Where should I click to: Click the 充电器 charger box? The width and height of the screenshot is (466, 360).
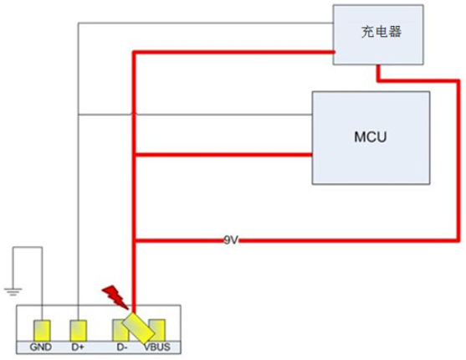coord(378,34)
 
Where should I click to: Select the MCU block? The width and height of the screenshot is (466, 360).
coord(371,138)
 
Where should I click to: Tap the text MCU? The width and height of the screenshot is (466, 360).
coord(371,136)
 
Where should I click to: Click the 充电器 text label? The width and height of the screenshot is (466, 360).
coord(382,32)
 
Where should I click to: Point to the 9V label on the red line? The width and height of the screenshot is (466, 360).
coord(231,239)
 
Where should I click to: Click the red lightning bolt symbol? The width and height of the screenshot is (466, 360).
coord(115,297)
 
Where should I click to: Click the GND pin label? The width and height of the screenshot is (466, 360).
coord(41,347)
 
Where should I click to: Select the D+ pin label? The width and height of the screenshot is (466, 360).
coord(78,347)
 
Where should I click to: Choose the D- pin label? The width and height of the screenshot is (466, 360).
coord(122,347)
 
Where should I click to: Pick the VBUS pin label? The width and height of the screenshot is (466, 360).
coord(157,347)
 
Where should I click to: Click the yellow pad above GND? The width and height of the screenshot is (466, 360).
coord(42,331)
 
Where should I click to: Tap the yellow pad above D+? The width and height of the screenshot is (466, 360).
coord(78,331)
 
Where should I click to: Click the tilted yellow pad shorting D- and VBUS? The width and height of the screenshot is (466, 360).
coord(139,327)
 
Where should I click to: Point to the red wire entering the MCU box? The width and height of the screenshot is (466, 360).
coord(223,155)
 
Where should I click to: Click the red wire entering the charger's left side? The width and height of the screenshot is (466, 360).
coord(234,53)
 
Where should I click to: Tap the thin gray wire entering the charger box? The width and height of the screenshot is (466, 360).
coord(205,23)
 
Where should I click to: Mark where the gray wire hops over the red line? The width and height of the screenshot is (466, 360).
coord(134,113)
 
